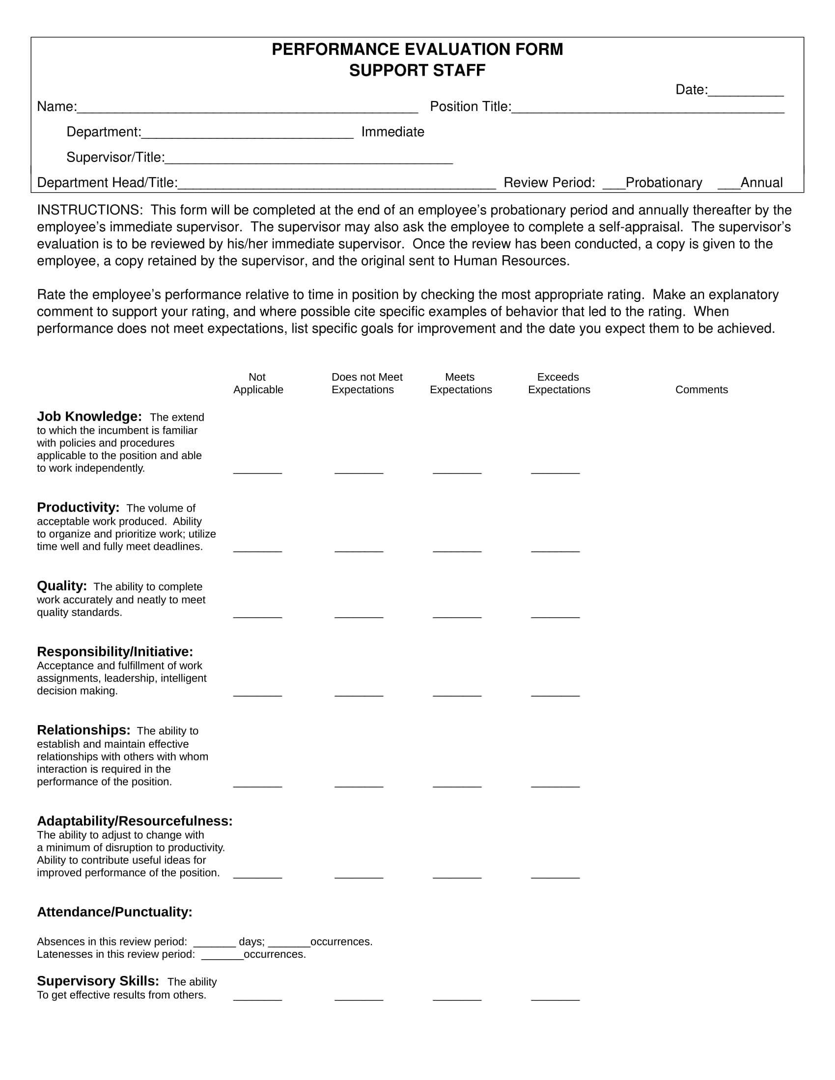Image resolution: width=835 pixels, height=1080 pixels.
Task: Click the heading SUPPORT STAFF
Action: [417, 71]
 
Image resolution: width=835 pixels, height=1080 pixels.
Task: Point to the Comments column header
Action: [701, 390]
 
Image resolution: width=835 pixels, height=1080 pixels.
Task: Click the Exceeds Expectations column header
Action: [558, 383]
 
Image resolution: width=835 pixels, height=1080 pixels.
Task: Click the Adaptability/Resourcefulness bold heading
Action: [135, 821]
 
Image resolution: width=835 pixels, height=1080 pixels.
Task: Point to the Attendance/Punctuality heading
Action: [114, 912]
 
